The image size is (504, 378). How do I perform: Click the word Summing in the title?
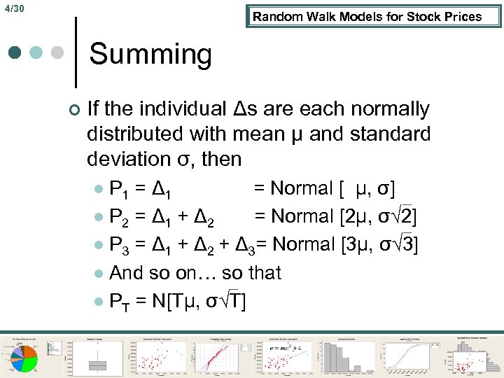[150, 54]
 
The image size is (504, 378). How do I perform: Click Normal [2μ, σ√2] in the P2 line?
[336, 216]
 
